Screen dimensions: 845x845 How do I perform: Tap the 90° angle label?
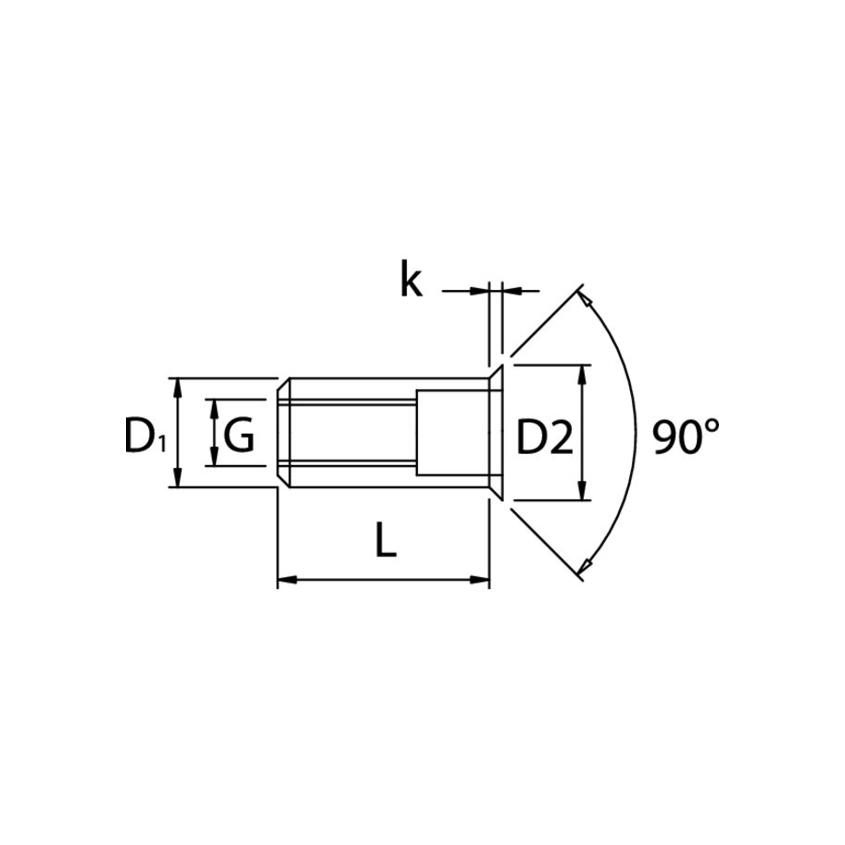click(x=686, y=436)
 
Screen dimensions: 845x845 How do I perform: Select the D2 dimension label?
click(x=545, y=437)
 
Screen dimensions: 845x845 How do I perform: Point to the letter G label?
click(x=239, y=435)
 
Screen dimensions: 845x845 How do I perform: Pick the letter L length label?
click(x=385, y=540)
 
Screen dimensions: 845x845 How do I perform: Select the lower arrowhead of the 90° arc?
click(x=585, y=567)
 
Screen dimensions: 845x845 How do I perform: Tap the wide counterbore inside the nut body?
click(x=451, y=432)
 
